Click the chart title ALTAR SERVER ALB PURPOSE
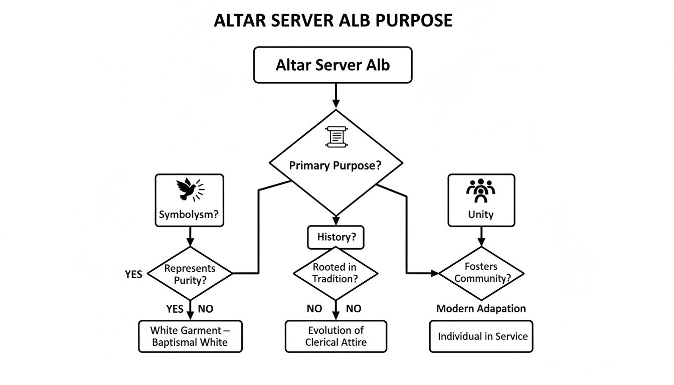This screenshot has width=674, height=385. [x=333, y=21]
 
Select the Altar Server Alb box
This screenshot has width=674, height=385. [x=332, y=65]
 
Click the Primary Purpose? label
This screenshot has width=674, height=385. [x=335, y=166]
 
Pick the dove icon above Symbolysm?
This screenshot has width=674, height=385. [x=189, y=190]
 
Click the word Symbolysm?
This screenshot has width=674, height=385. [x=189, y=215]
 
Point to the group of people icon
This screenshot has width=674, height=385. [x=480, y=189]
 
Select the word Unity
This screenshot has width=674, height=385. [x=480, y=215]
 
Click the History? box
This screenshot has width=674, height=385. [x=335, y=237]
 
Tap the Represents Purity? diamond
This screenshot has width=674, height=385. [x=190, y=274]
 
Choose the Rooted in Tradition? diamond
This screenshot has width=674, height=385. [x=335, y=273]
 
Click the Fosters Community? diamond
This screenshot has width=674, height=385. [x=481, y=273]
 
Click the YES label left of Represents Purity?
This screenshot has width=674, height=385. [x=133, y=274]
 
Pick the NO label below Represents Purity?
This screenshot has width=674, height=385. [x=205, y=309]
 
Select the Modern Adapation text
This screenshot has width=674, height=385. [x=481, y=308]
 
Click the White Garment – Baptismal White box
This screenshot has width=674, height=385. [x=190, y=336]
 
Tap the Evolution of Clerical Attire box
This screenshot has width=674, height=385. [x=335, y=336]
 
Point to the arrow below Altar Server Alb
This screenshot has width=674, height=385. [x=335, y=96]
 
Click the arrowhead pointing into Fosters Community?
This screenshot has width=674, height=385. [x=434, y=273]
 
